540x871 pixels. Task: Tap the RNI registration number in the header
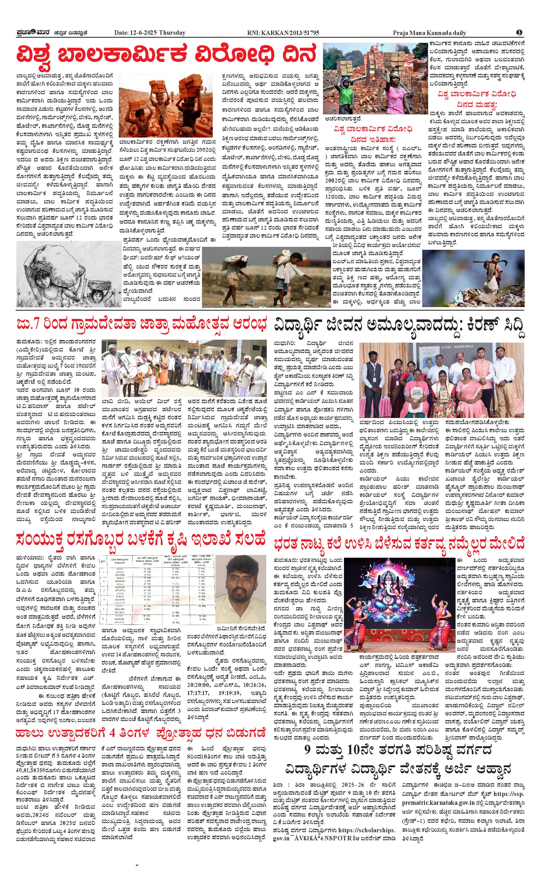(x=283, y=33)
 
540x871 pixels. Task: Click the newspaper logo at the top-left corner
(x=34, y=33)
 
